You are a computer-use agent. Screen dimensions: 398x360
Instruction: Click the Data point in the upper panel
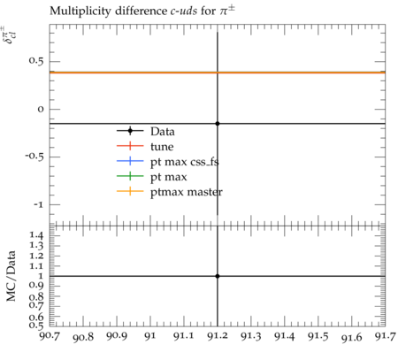tap(218, 124)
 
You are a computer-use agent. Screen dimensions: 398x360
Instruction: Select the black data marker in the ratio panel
tap(218, 276)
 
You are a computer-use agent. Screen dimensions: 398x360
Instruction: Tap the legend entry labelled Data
tap(163, 131)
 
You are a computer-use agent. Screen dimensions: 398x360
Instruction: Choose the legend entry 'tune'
tap(162, 147)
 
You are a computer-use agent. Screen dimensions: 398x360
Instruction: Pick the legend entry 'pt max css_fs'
tap(185, 162)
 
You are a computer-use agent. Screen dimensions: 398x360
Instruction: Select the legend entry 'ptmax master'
tap(187, 192)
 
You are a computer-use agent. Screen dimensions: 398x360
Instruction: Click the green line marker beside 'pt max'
tap(130, 176)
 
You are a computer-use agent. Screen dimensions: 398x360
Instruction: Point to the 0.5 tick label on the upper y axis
tap(36, 61)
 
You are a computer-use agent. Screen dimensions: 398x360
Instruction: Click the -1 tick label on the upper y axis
tap(38, 204)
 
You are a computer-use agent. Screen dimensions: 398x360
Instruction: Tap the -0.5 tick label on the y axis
tap(34, 157)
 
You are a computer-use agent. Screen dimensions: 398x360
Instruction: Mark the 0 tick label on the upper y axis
tap(41, 109)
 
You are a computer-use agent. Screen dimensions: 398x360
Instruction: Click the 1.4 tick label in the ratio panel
tap(36, 235)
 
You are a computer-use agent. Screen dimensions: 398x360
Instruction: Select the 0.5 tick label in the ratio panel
tap(36, 326)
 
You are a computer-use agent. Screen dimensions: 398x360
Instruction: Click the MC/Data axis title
tap(11, 276)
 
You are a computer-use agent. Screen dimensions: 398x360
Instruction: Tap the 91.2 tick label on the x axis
tap(218, 336)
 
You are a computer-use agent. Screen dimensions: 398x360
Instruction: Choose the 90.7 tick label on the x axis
tap(50, 336)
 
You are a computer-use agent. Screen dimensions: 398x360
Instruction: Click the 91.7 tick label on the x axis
tap(385, 336)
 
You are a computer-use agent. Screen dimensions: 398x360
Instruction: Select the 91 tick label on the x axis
tap(150, 336)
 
